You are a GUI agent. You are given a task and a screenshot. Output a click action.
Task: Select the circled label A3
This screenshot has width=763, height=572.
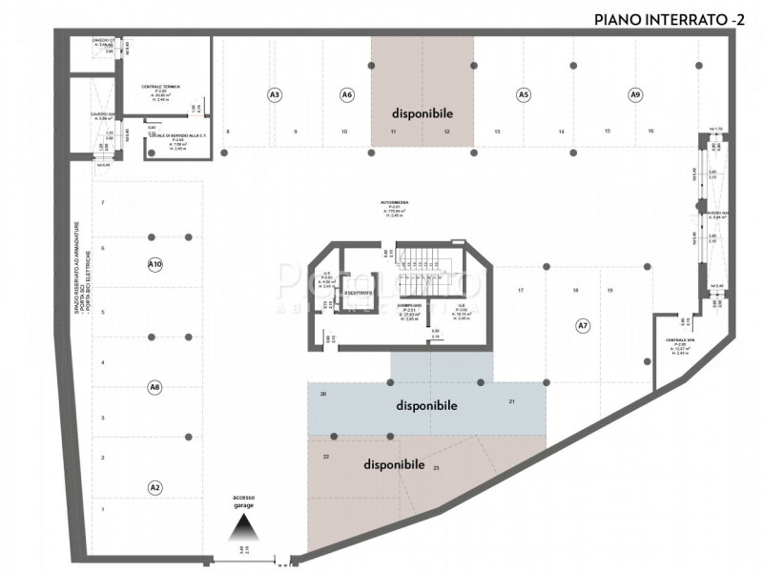274,94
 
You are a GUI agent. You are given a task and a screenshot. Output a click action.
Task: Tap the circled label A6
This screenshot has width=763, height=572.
347,94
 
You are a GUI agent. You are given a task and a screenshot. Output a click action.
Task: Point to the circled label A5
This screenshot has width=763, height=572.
523,94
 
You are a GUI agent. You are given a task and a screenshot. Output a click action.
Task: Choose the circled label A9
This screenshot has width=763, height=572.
635,94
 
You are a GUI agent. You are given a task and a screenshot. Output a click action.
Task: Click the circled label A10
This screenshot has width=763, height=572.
155,264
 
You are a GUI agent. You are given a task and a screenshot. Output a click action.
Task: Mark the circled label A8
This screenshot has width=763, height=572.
155,387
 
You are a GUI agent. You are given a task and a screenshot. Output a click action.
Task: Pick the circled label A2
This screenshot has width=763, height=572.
155,487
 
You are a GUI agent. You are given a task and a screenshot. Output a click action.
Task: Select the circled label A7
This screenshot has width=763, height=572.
583,326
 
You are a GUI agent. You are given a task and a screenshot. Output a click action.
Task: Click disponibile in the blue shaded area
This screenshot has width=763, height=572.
426,405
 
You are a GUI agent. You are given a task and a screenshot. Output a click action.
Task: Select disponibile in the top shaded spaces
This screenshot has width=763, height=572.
422,112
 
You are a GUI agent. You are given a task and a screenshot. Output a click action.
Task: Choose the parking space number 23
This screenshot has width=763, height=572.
437,468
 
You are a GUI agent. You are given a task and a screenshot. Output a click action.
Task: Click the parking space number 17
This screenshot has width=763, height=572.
521,290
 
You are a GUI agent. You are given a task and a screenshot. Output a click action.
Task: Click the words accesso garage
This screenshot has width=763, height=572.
244,502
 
